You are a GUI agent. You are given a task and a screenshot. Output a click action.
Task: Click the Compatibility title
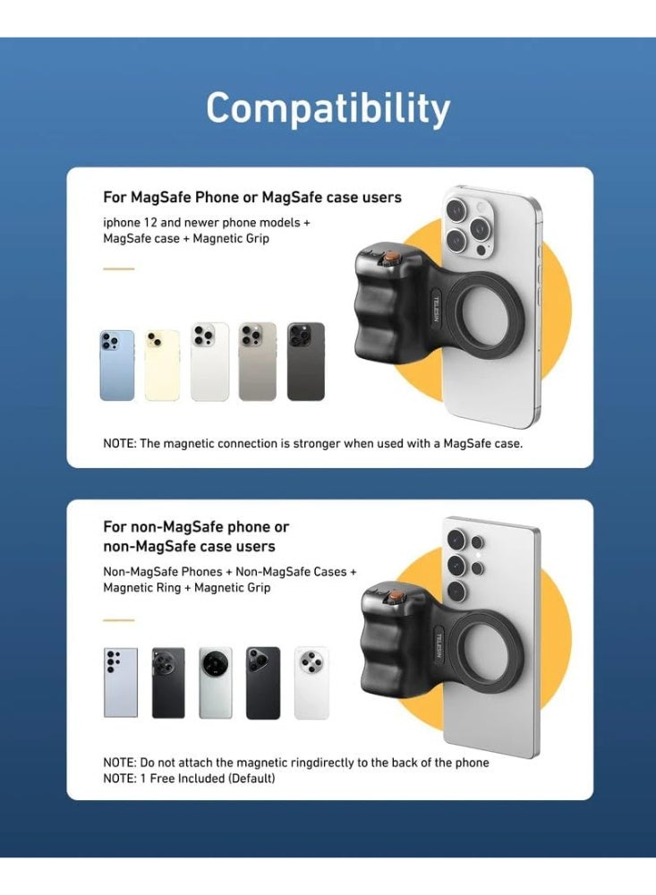pos(328,109)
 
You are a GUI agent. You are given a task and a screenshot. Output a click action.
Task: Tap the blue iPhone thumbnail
pos(117,365)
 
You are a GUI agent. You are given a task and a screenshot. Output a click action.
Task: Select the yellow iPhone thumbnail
pos(162,365)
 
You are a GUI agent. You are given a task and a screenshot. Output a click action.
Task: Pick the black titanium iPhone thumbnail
pos(306,362)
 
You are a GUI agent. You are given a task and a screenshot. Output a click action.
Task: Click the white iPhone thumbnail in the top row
pos(209,362)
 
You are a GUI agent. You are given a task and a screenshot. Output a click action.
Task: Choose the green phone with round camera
pos(216,683)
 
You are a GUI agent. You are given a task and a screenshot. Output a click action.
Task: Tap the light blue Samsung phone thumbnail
pos(121,683)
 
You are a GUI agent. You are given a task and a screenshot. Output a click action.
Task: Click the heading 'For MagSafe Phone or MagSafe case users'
pos(252,197)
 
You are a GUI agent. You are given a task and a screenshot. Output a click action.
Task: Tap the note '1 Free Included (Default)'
pos(208,779)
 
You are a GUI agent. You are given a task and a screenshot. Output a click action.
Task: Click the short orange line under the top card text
pos(118,268)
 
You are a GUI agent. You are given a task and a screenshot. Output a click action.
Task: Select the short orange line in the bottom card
pos(118,619)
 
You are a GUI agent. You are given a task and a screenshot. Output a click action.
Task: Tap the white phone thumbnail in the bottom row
pos(311,683)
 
